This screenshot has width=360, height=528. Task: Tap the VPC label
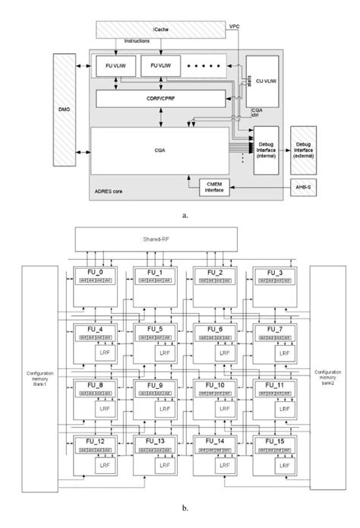237,26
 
